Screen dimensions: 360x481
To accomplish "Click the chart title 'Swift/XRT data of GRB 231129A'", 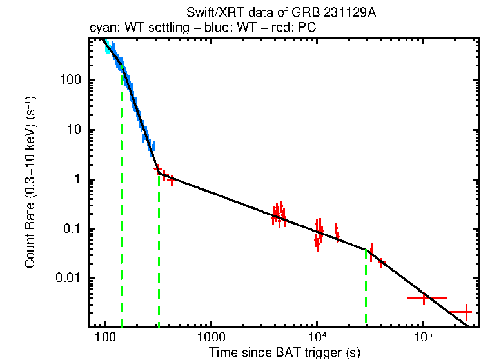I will (280, 13).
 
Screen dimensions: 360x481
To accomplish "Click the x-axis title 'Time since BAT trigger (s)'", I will (284, 353).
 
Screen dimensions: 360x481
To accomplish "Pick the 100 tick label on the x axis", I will (105, 339).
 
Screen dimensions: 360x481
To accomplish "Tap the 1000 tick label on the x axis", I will (211, 339).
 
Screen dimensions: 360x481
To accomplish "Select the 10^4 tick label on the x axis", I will (317, 338).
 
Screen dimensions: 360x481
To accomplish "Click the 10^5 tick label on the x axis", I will (422, 338).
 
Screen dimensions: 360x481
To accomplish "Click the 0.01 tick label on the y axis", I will (68, 279).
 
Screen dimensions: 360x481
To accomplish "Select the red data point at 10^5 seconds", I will (424, 298).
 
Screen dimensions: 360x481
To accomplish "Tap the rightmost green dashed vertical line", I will (366, 287).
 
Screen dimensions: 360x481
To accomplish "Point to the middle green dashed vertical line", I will (159, 252).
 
